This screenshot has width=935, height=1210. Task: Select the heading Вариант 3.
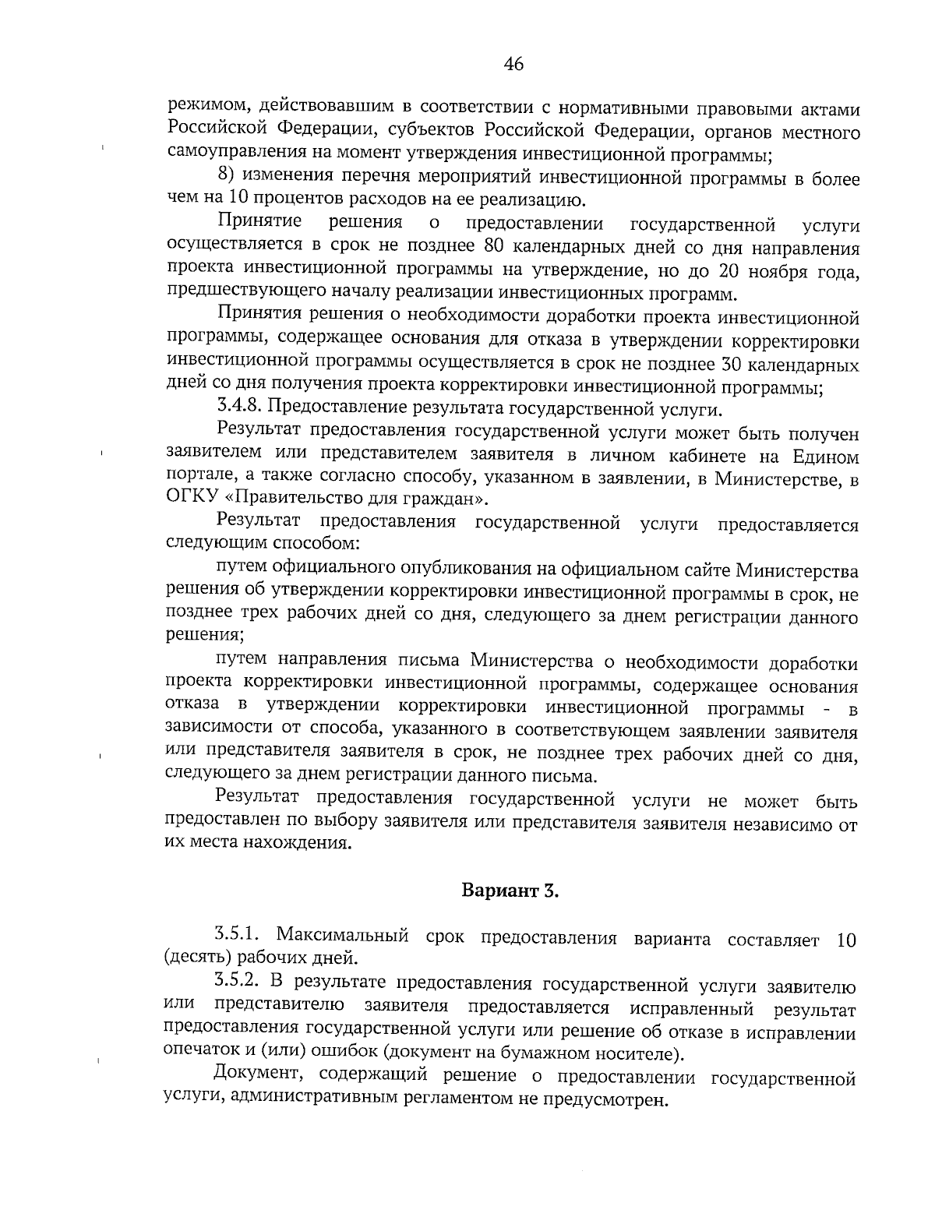(x=511, y=891)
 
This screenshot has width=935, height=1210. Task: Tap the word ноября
(x=783, y=272)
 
